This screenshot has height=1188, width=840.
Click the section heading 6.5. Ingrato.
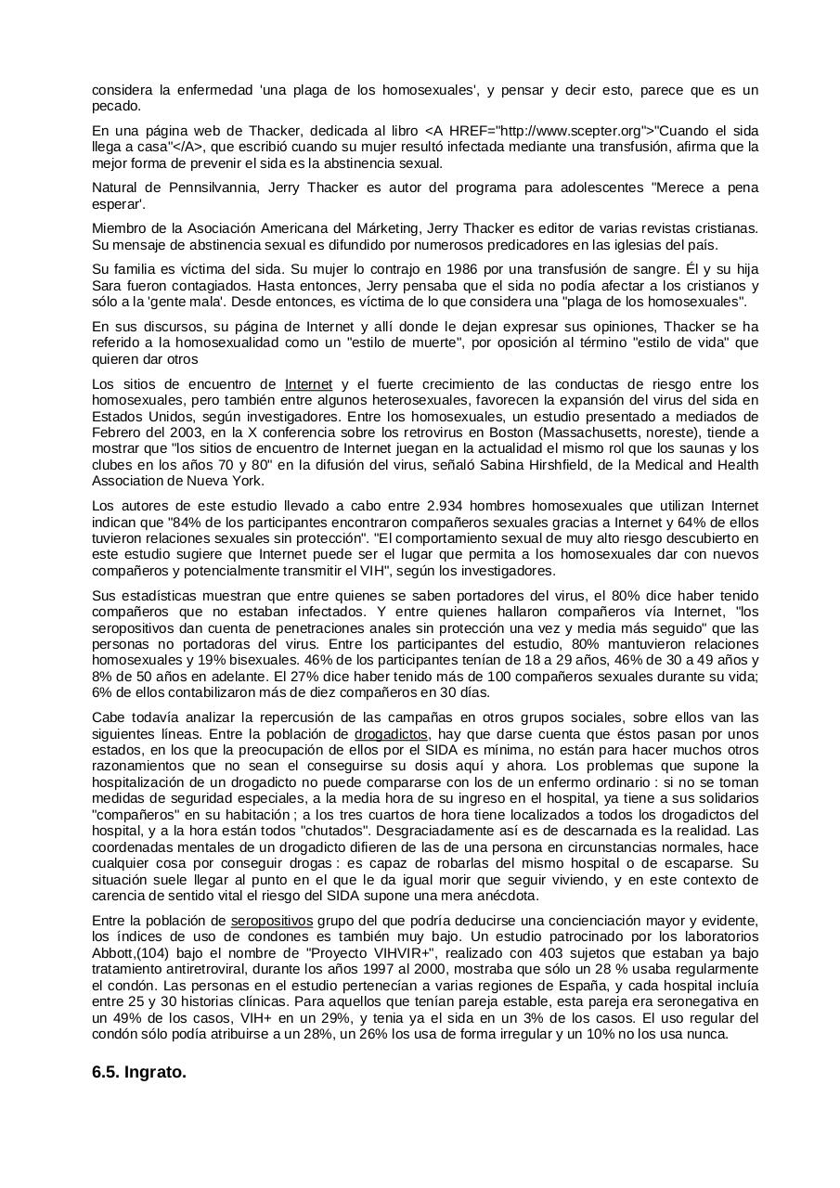pos(139,1072)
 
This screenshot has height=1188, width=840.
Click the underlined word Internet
pos(308,384)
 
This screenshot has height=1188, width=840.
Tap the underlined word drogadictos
pos(392,733)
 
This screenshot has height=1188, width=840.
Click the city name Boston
pos(477,433)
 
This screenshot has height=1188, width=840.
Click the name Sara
pos(107,286)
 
